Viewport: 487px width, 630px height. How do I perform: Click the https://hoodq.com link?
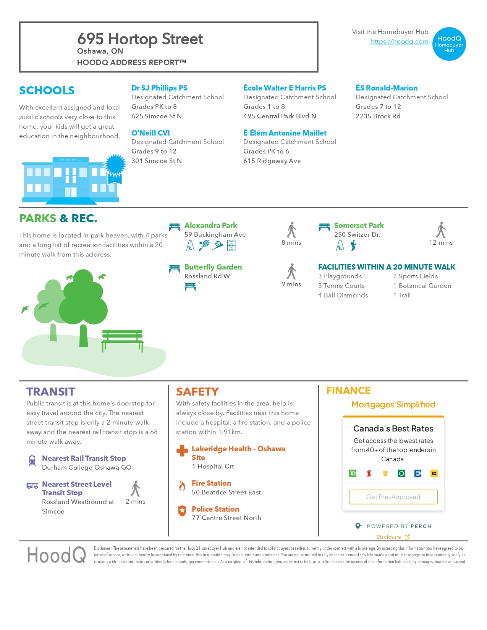tap(399, 41)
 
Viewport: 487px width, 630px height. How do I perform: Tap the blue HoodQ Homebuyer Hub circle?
tap(449, 44)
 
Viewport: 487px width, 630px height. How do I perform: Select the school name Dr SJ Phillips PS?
tap(159, 88)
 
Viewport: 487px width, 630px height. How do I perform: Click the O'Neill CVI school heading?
tap(150, 133)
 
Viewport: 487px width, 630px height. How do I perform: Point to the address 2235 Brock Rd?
tap(378, 116)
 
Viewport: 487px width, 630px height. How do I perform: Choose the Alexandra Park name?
tap(210, 225)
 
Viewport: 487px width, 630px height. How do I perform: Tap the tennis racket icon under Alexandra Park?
tap(204, 245)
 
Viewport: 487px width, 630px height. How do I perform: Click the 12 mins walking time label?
tap(441, 242)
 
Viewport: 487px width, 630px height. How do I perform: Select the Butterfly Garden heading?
tap(213, 267)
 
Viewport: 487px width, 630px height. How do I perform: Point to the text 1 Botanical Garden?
tap(422, 286)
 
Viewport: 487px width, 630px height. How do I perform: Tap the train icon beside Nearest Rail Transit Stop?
tap(32, 460)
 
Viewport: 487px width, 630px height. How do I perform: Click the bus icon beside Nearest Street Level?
tap(32, 486)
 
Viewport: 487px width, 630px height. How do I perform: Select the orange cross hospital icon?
tap(182, 451)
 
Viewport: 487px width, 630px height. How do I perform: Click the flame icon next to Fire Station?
tap(182, 485)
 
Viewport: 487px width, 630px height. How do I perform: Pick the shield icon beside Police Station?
tap(182, 510)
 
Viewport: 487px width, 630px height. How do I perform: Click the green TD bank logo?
tap(353, 473)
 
